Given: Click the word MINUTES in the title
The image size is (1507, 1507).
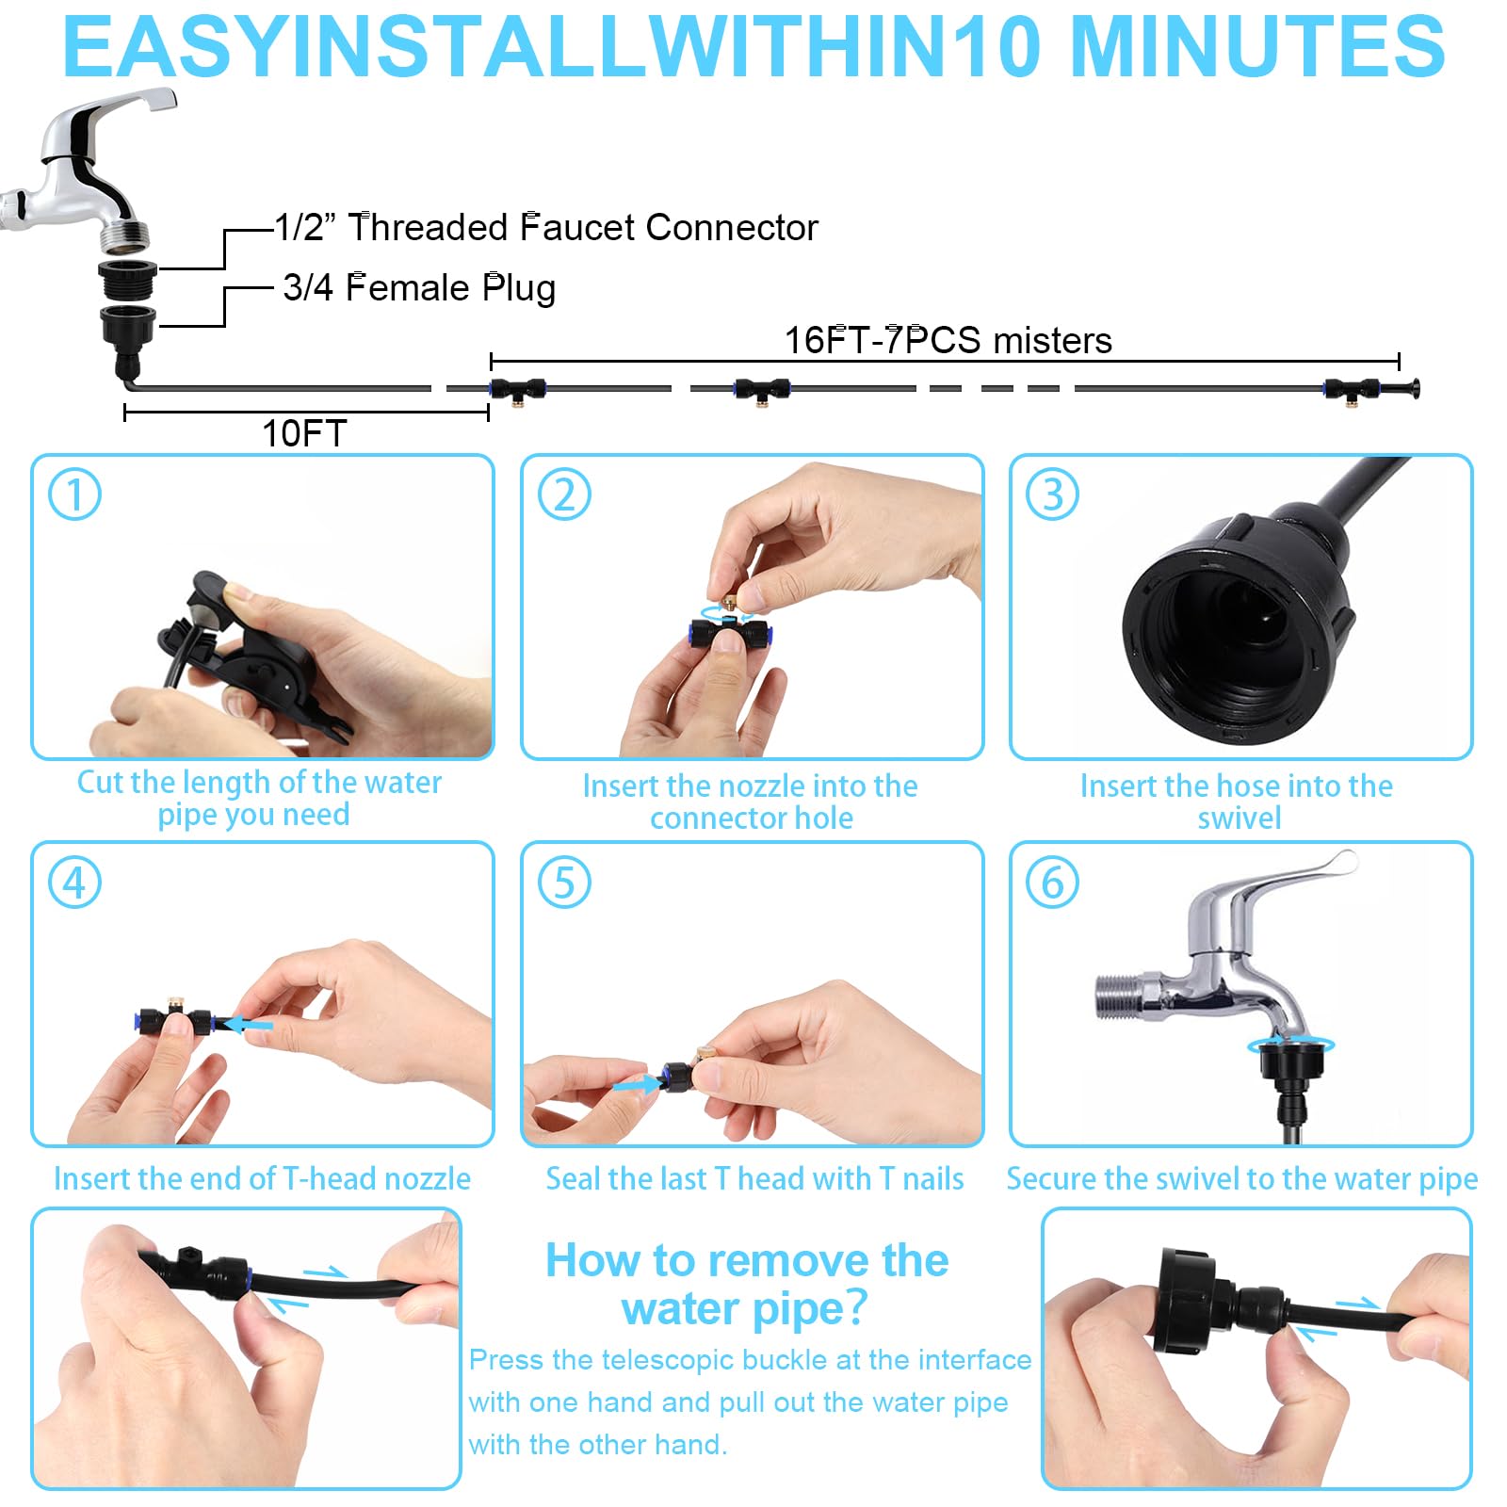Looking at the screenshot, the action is [1258, 47].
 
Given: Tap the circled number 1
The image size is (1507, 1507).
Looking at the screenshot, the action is [74, 494].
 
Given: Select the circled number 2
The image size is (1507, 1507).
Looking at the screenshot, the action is [564, 494].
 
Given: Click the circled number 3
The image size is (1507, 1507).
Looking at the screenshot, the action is [1052, 494].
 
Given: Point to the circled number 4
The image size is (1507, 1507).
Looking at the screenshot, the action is [74, 883].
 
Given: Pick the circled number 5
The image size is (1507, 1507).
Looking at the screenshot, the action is [564, 883].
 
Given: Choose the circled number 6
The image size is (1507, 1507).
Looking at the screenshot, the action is [1052, 883].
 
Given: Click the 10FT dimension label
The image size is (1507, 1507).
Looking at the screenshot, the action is [304, 433].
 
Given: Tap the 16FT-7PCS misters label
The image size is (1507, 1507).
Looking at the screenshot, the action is [948, 340].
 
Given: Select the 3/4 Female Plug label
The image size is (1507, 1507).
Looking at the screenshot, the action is [419, 287].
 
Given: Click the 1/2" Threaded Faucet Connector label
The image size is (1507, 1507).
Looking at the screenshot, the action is [546, 227].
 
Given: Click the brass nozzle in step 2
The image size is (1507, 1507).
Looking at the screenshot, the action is [728, 603].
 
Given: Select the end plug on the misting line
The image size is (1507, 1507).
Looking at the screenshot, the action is [1409, 388].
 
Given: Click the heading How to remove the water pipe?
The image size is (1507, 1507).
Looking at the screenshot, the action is [747, 1284].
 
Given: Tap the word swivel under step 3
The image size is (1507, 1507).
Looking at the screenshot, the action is [1239, 818].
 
